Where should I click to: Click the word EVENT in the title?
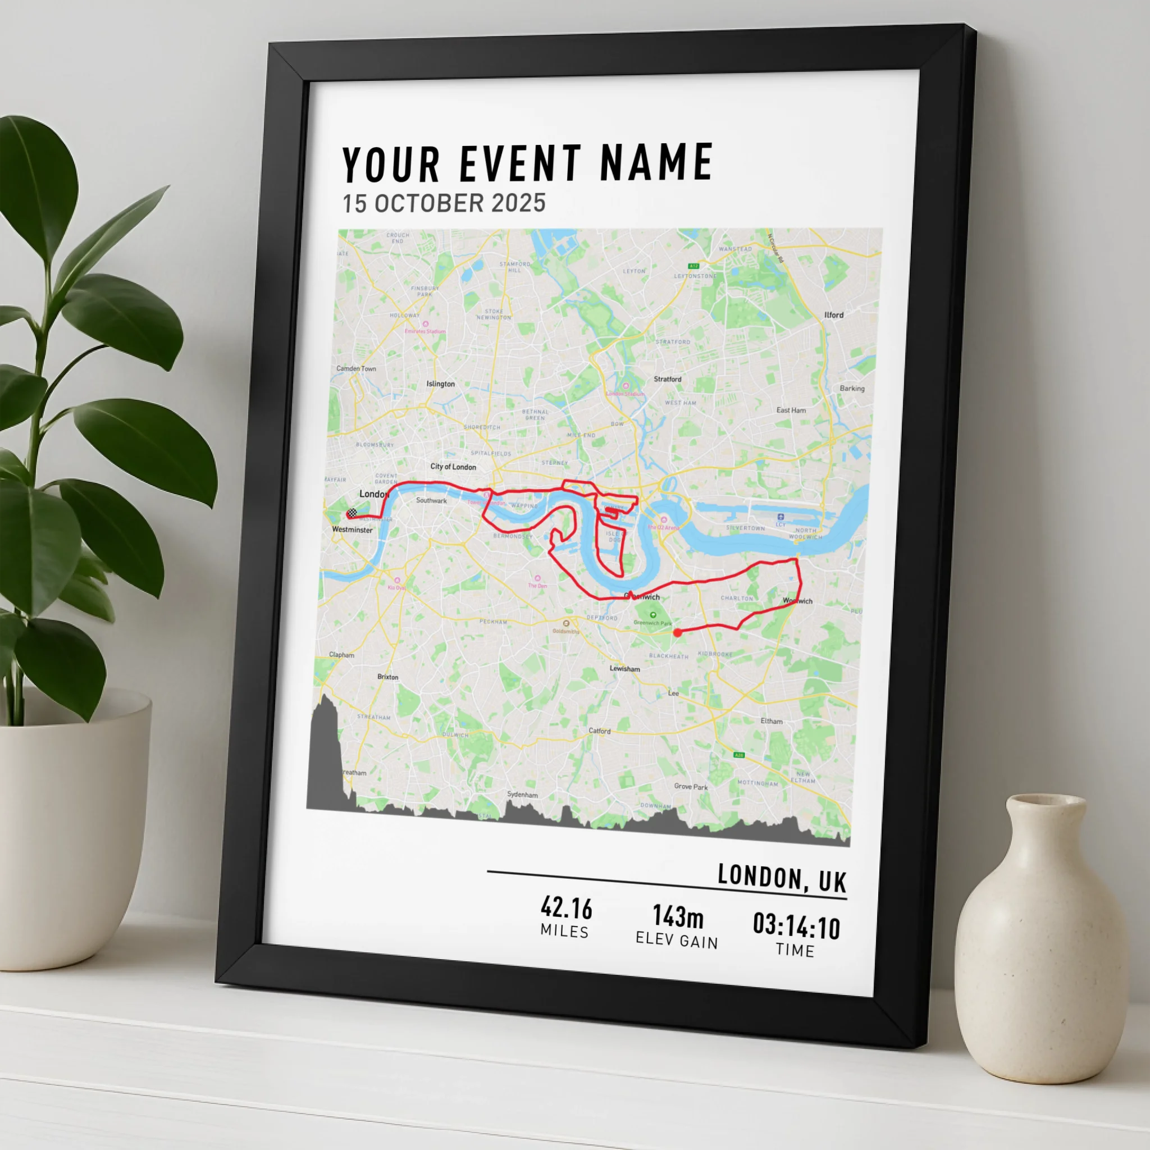[519, 164]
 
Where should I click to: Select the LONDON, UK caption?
[782, 878]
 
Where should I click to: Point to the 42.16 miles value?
[566, 909]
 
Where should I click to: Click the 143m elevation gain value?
[678, 916]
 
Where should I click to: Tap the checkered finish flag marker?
[352, 513]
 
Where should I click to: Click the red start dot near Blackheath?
[677, 633]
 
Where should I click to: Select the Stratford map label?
[667, 378]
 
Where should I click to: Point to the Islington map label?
[440, 384]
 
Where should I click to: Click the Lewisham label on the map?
[624, 668]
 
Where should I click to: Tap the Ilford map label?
[833, 315]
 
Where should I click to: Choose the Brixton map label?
[387, 677]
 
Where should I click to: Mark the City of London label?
[453, 467]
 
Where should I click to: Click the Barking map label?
[852, 388]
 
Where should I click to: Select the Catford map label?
[599, 731]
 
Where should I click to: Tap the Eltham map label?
[772, 721]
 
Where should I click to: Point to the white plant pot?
[71, 833]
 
